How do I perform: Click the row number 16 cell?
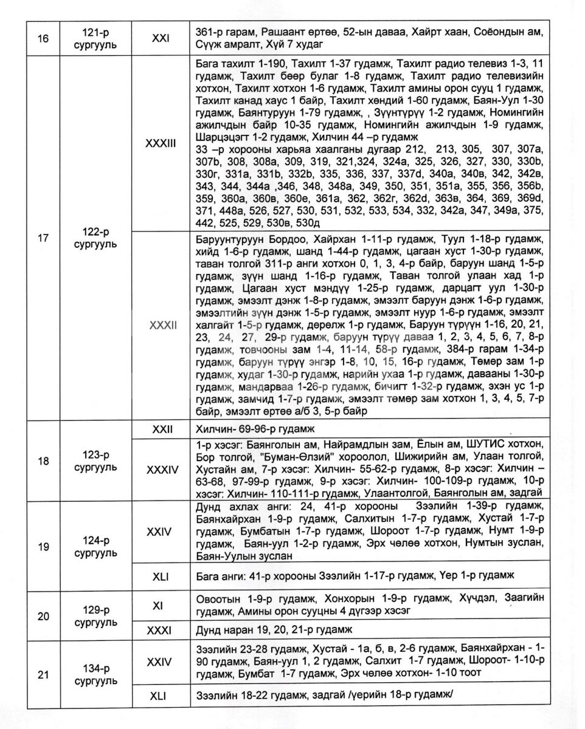pyautogui.click(x=43, y=38)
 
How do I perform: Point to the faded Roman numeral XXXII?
pyautogui.click(x=161, y=326)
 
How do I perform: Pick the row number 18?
pyautogui.click(x=43, y=461)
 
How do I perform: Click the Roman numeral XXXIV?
pyautogui.click(x=161, y=469)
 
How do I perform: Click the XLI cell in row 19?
pyautogui.click(x=161, y=573)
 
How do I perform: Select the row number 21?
pyautogui.click(x=43, y=674)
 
